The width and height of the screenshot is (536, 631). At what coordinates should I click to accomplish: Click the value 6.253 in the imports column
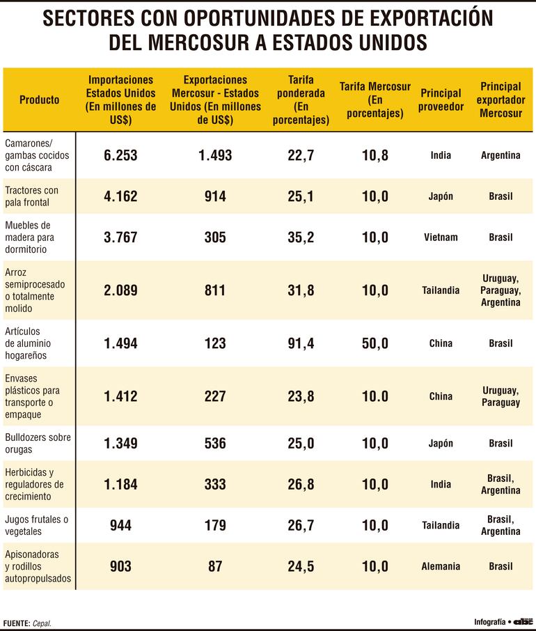pyautogui.click(x=120, y=155)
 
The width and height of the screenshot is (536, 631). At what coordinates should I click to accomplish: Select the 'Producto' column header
pyautogui.click(x=39, y=100)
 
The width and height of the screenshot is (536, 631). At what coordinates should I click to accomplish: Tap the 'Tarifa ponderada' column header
pyautogui.click(x=301, y=100)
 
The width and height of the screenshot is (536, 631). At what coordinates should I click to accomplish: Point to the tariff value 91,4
pyautogui.click(x=301, y=343)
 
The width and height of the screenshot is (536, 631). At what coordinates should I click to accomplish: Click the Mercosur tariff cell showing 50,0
pyautogui.click(x=375, y=343)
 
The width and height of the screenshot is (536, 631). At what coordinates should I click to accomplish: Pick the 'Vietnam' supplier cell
pyautogui.click(x=441, y=237)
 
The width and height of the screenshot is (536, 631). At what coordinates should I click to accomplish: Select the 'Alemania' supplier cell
pyautogui.click(x=441, y=566)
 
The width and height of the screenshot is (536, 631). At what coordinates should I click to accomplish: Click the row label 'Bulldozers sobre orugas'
pyautogui.click(x=38, y=443)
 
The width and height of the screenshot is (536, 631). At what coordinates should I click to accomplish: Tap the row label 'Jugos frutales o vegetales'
pyautogui.click(x=37, y=525)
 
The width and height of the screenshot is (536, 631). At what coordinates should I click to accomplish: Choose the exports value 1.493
pyautogui.click(x=215, y=155)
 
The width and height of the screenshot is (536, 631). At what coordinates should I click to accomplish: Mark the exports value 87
pyautogui.click(x=215, y=566)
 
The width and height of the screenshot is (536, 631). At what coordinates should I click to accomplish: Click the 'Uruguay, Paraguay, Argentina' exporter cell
pyautogui.click(x=500, y=290)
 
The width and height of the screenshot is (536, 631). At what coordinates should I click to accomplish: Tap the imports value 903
pyautogui.click(x=120, y=566)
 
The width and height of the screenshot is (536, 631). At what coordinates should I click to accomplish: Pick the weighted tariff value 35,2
pyautogui.click(x=301, y=237)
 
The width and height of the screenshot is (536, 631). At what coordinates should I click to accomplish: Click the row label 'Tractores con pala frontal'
pyautogui.click(x=32, y=196)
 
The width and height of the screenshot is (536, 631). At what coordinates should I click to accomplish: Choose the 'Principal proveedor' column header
pyautogui.click(x=441, y=100)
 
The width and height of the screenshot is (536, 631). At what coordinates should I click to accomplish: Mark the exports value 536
pyautogui.click(x=215, y=443)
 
